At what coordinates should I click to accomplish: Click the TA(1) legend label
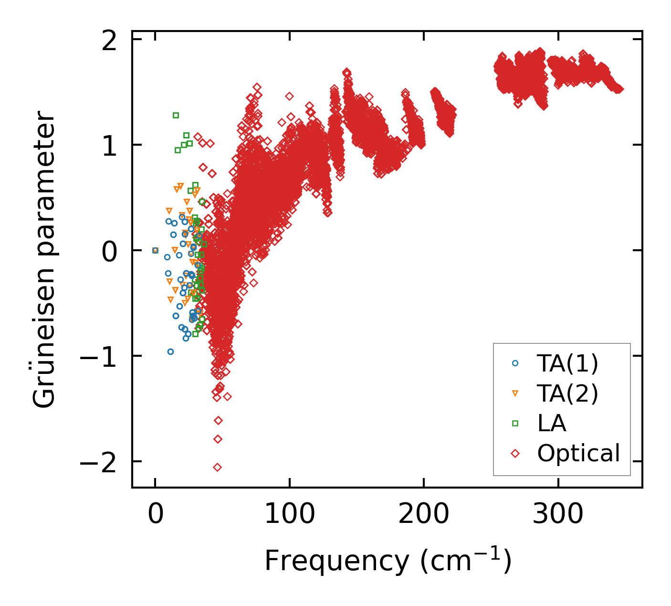[x=567, y=363]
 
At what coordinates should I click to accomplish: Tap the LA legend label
[x=552, y=423]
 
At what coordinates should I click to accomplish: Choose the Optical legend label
[x=578, y=453]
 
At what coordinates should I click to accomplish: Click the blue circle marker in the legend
[x=515, y=363]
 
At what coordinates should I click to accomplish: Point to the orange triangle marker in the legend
[x=515, y=393]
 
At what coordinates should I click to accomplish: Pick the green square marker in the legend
[x=515, y=423]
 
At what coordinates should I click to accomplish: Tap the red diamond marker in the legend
[x=515, y=453]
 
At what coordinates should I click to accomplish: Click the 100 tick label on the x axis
[x=289, y=514]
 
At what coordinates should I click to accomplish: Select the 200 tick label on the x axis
[x=424, y=514]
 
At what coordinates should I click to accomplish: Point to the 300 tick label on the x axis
[x=558, y=514]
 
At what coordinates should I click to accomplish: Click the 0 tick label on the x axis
[x=155, y=514]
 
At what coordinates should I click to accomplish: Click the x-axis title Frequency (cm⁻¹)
[x=388, y=561]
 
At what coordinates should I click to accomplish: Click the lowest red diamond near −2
[x=217, y=467]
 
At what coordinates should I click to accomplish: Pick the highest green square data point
[x=176, y=115]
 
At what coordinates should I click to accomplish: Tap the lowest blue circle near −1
[x=170, y=351]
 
